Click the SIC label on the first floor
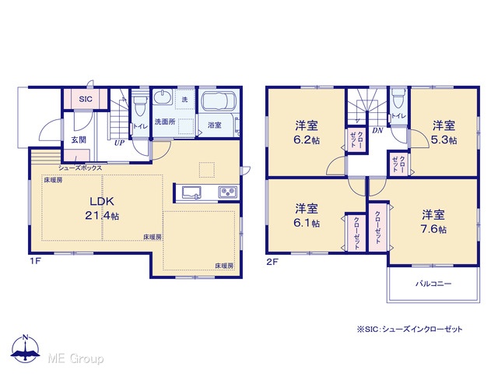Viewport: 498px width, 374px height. click(86, 99)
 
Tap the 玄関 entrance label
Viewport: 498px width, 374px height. click(79, 139)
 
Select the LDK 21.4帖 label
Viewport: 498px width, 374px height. click(102, 208)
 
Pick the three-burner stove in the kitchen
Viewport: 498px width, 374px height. click(228, 192)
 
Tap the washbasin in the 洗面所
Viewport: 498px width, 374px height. click(163, 97)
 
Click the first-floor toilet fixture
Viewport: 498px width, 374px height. click(139, 104)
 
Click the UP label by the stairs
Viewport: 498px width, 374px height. click(119, 143)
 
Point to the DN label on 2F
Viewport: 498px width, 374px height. click(377, 130)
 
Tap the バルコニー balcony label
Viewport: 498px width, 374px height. click(433, 284)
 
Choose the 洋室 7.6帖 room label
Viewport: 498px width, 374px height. click(433, 221)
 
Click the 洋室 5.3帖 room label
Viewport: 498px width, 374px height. click(444, 132)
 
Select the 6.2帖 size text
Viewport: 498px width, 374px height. click(307, 140)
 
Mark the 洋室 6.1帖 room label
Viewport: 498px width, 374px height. click(307, 216)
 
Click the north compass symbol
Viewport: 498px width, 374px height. click(26, 348)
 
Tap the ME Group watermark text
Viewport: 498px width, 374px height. click(75, 358)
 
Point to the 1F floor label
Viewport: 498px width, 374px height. click(35, 262)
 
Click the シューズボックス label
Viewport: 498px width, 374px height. click(80, 168)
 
